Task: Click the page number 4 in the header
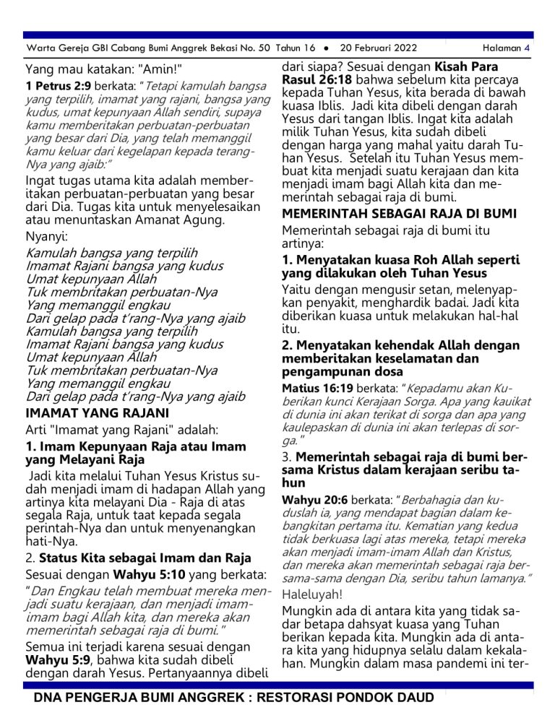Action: point(528,48)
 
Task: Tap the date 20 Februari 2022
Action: point(379,48)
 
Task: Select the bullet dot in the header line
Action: point(327,48)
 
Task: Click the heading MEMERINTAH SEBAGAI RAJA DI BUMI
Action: point(399,214)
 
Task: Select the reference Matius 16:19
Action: point(314,388)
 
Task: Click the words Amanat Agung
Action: point(185,218)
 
